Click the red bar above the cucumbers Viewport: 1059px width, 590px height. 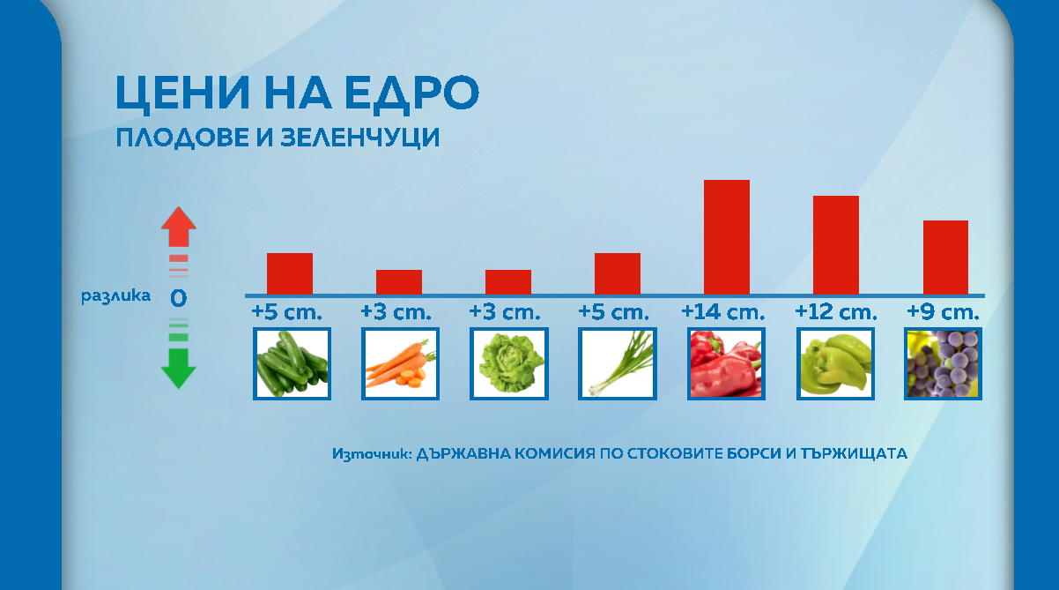pyautogui.click(x=289, y=274)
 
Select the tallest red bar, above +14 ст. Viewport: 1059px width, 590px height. pyautogui.click(x=727, y=237)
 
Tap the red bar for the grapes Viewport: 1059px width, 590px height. pyautogui.click(x=945, y=258)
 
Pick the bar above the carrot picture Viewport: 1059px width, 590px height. pyautogui.click(x=399, y=282)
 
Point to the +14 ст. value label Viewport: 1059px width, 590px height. pyautogui.click(x=722, y=312)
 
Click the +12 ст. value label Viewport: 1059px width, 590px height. pyautogui.click(x=836, y=312)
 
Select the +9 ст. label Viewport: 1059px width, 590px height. pyautogui.click(x=943, y=312)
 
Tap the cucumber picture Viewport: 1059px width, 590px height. pyautogui.click(x=292, y=363)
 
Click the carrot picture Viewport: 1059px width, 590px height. pyautogui.click(x=400, y=363)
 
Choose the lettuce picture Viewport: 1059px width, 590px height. pyautogui.click(x=509, y=363)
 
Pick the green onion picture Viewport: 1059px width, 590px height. pyautogui.click(x=618, y=363)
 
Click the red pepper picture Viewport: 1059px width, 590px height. pyautogui.click(x=726, y=363)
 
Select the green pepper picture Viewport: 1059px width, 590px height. pyautogui.click(x=835, y=363)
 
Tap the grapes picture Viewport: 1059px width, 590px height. pyautogui.click(x=944, y=363)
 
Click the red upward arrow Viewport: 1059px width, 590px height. pyautogui.click(x=179, y=228)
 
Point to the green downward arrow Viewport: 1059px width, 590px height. pyautogui.click(x=179, y=369)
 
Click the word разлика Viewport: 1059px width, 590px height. pyautogui.click(x=115, y=295)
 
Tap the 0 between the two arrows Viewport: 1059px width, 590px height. pyautogui.click(x=178, y=298)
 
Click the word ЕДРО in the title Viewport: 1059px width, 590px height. pyautogui.click(x=411, y=93)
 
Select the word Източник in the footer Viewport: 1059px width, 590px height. pyautogui.click(x=372, y=453)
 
